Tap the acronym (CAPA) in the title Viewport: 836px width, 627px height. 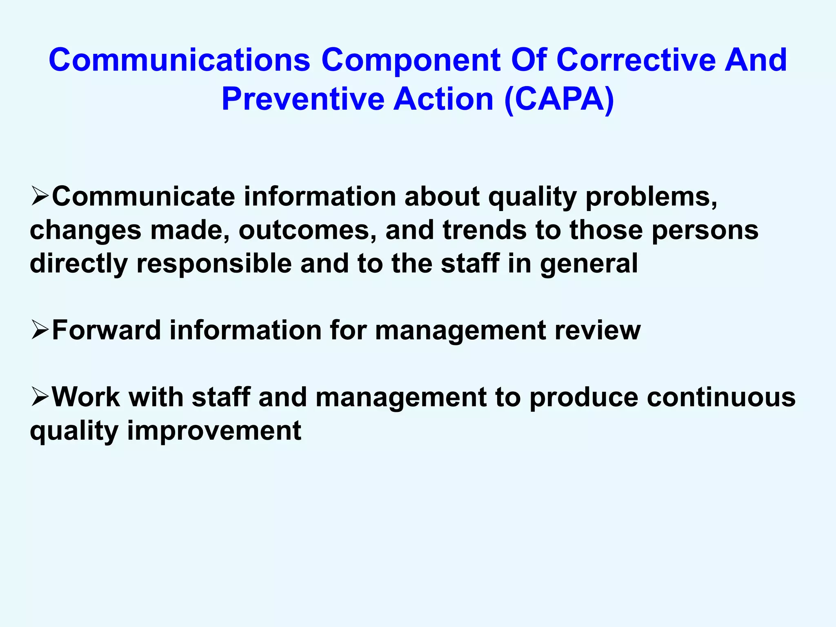coord(559,99)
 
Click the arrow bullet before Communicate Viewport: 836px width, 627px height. coord(40,196)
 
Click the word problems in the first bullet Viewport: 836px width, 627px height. coord(651,197)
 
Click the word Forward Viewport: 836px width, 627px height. coord(107,330)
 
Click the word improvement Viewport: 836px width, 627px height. coord(214,431)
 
